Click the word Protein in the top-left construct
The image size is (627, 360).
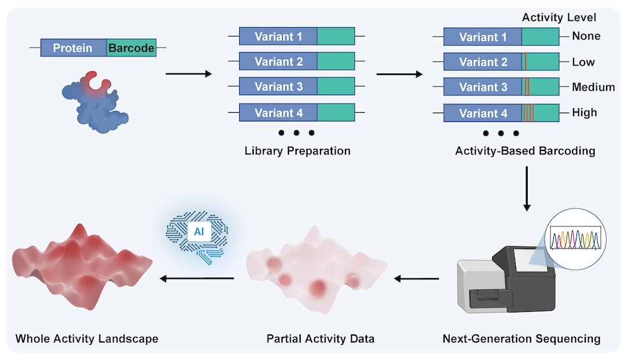coord(73,48)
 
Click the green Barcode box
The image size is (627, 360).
coord(131,48)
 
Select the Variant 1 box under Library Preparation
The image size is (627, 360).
coord(278,37)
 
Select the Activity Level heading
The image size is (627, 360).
coord(558,17)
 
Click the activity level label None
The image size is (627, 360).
coord(586,37)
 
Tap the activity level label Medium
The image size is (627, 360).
coord(593,87)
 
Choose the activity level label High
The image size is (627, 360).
coord(584,113)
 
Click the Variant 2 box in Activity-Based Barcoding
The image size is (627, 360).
coord(483,62)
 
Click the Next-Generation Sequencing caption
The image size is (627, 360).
coord(521,338)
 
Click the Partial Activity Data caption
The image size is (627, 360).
coord(320,338)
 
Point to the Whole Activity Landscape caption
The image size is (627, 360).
coord(87,338)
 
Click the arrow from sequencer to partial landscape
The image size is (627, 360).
coord(416,279)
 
